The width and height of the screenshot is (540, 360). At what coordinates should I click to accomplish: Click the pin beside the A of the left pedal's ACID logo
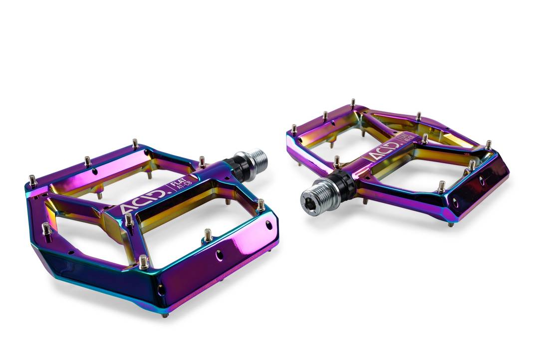tap(129, 219)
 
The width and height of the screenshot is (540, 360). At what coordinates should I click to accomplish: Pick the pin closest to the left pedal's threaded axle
tap(202, 161)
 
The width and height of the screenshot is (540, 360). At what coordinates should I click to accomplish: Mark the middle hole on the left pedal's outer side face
tap(219, 256)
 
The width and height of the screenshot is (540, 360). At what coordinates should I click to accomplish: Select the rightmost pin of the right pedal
tap(488, 145)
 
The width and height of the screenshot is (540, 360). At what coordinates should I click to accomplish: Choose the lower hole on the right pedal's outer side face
tap(454, 201)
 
